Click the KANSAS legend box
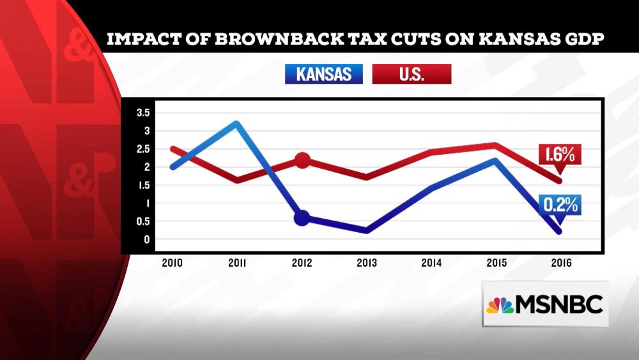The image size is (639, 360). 323,74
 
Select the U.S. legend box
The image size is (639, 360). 411,74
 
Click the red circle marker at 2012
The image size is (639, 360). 302,160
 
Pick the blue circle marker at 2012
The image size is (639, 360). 302,218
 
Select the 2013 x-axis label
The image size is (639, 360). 367,263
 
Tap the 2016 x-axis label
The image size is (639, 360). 560,263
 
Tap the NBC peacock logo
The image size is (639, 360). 500,305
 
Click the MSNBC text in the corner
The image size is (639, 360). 560,305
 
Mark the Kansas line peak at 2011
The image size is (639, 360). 236,123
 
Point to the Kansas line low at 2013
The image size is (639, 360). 367,230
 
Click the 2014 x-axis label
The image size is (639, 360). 431,263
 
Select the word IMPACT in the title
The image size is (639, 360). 142,40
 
